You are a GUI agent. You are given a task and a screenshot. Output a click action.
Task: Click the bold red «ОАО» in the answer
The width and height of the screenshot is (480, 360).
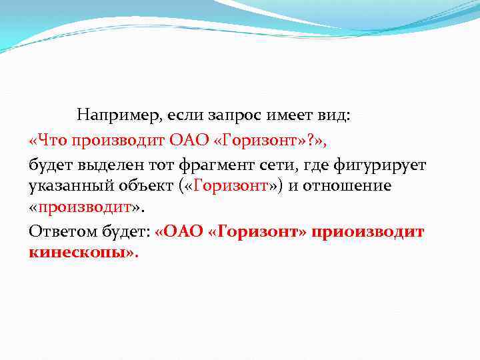(x=177, y=231)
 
